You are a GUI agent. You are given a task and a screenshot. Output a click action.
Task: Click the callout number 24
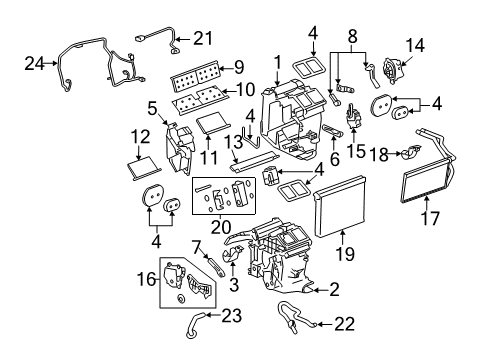33,64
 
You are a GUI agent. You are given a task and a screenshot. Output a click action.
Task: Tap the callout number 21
203,38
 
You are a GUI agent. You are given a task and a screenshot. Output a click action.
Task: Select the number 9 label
237,69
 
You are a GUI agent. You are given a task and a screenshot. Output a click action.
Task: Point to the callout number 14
413,44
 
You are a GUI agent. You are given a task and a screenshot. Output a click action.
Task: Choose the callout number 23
231,317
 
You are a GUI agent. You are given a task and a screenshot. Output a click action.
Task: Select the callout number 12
141,136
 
